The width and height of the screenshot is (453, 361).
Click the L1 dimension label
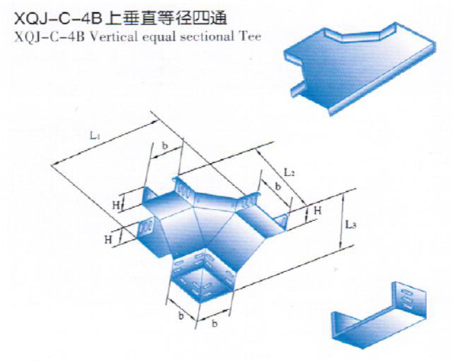[x=94, y=136]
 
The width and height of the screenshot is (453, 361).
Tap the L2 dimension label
[x=289, y=173]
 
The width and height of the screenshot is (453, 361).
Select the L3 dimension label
[x=350, y=225]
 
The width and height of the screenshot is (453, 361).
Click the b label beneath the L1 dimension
[x=164, y=145]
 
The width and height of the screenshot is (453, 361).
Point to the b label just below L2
[x=278, y=187]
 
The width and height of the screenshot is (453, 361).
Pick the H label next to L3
[x=317, y=210]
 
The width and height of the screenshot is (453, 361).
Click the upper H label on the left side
[x=116, y=205]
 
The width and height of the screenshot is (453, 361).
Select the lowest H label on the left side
[x=108, y=240]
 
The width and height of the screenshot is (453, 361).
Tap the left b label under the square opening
[x=181, y=316]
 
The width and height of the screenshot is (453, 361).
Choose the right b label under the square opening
[x=215, y=324]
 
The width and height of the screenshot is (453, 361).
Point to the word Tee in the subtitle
[x=250, y=37]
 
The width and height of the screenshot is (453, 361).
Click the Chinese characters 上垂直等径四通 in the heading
[x=166, y=19]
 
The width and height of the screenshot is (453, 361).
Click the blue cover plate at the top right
[x=359, y=69]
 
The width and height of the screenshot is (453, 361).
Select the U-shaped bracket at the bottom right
[x=378, y=315]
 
